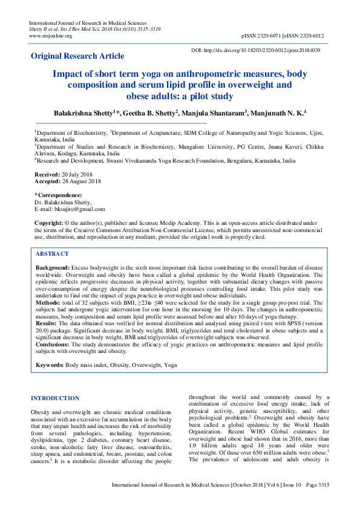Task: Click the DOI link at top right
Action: click(x=255, y=50)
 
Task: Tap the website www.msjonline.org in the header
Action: click(x=51, y=36)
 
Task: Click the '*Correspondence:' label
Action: click(x=58, y=195)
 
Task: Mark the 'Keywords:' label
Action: click(x=50, y=366)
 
